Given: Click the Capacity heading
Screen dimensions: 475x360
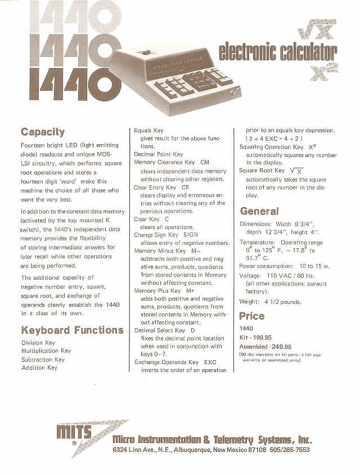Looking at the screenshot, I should coord(43,132).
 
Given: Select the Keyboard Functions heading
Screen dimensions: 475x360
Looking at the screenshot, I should coord(72,330).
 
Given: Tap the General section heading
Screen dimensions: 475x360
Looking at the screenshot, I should coord(259,211).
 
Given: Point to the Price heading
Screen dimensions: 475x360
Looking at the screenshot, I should coord(251,316).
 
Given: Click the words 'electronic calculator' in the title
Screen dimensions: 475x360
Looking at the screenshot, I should coord(277,52).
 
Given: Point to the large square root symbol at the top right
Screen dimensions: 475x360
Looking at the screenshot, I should coord(317,30).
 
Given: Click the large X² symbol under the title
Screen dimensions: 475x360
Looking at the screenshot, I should coord(323,73).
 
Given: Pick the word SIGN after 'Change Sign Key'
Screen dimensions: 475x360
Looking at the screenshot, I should coord(191,235).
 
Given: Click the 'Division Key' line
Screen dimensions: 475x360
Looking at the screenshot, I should coord(38,343).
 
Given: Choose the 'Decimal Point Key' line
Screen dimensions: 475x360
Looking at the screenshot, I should coord(158,154).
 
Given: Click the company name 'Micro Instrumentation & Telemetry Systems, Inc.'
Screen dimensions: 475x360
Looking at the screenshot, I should coord(211,440).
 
